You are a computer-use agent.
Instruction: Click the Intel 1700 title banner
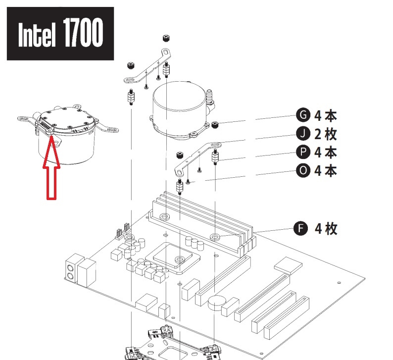point(60,34)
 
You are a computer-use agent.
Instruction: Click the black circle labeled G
point(303,115)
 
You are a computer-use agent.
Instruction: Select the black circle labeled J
point(303,134)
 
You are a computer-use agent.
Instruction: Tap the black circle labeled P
point(303,152)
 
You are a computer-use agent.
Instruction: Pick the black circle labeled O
point(303,170)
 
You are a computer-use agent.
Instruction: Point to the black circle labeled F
point(299,228)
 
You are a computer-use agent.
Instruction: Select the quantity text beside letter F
point(326,228)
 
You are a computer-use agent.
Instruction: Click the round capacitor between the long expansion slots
point(217,302)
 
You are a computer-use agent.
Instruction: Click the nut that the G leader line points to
point(215,124)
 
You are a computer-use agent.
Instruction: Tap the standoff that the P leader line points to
point(216,158)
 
